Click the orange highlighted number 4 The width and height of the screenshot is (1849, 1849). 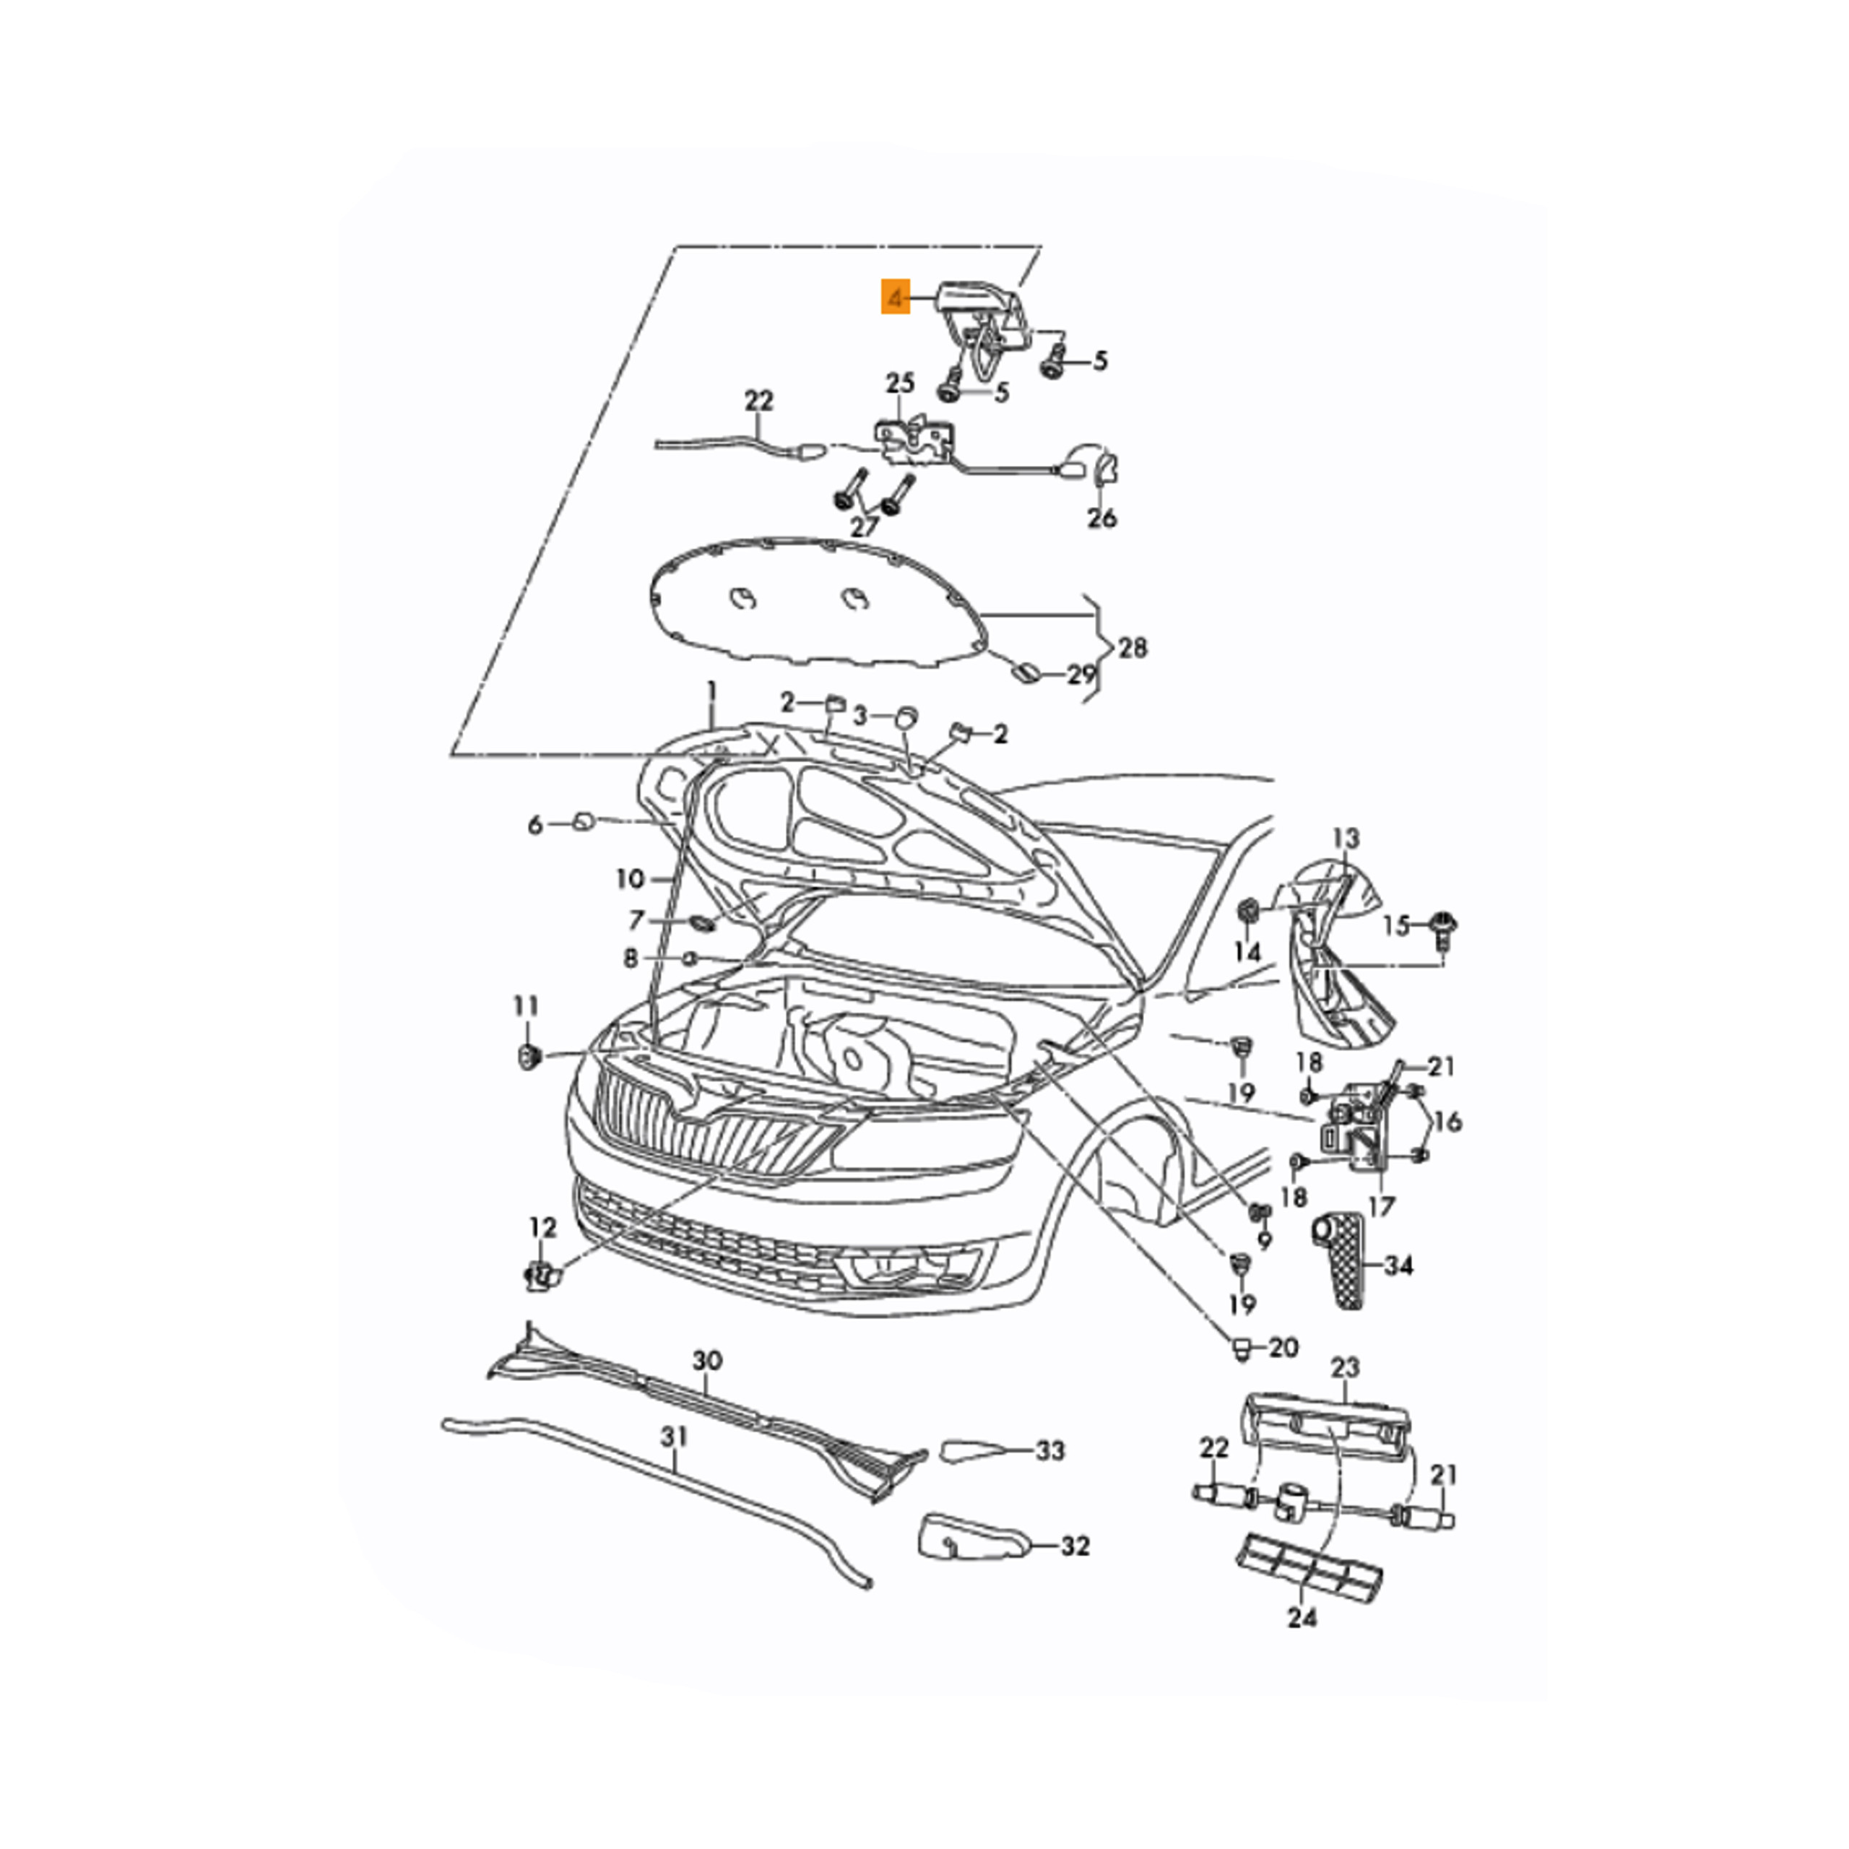point(896,298)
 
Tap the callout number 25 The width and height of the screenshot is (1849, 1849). point(900,384)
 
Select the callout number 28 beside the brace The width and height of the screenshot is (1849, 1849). point(1133,648)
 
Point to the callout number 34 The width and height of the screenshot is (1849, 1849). point(1398,1265)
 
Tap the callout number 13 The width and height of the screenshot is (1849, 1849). point(1346,839)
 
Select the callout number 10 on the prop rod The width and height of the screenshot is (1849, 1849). point(631,878)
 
